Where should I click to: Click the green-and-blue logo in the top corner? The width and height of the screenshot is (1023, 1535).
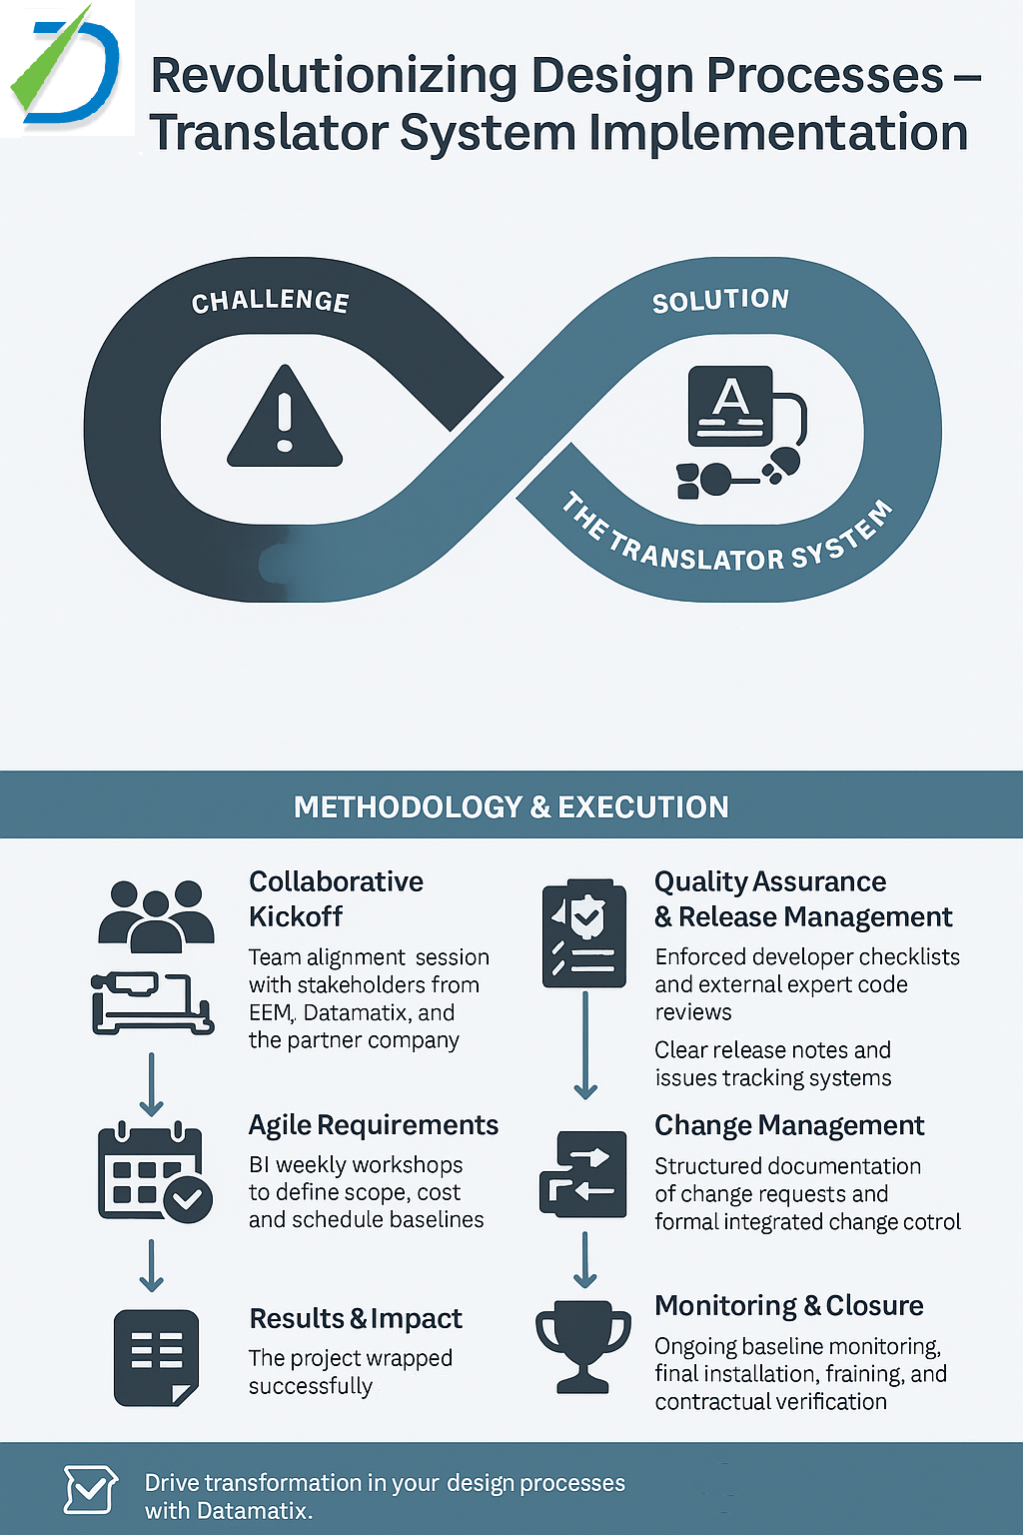66,68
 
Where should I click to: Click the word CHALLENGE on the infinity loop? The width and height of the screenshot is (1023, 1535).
270,301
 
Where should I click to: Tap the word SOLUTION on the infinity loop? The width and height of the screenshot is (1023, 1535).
720,300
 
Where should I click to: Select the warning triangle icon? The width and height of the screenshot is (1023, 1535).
285,418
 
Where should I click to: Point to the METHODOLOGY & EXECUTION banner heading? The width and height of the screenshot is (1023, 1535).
511,806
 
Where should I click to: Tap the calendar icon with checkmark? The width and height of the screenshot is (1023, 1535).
154,1173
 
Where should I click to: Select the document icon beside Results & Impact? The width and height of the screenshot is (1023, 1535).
156,1357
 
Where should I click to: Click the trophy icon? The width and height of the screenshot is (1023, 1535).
583,1345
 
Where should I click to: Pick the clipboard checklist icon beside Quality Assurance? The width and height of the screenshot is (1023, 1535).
584,933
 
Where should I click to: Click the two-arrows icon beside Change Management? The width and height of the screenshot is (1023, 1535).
583,1174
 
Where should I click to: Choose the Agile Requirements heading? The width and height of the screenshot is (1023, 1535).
373,1125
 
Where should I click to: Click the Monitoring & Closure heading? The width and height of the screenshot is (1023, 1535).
788,1305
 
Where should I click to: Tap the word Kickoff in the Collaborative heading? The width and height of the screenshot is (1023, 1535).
296,916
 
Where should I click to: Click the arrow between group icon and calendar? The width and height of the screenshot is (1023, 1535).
151,1083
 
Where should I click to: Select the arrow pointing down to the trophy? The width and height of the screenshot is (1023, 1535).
585,1260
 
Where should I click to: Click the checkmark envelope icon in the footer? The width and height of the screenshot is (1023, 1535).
90,1490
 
